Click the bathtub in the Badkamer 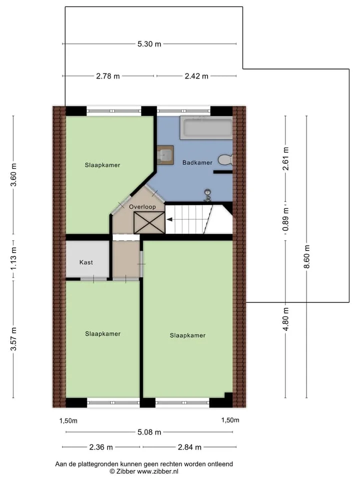[x=206, y=127]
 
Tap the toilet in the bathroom [x=225, y=160]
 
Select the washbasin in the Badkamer [x=165, y=155]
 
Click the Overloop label [x=142, y=207]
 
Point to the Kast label [x=86, y=262]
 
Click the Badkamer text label [x=197, y=162]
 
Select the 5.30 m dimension [x=149, y=44]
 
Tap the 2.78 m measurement [x=108, y=76]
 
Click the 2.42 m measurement [x=196, y=76]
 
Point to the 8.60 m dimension [x=307, y=256]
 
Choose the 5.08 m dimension [x=149, y=432]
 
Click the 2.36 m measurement [x=101, y=447]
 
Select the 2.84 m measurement [x=189, y=447]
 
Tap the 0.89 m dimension [x=286, y=219]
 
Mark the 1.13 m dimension [x=13, y=259]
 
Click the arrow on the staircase [x=169, y=219]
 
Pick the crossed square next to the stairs [x=149, y=222]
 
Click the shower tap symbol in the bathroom [x=208, y=195]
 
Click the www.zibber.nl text [x=157, y=471]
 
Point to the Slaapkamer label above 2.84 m [x=187, y=335]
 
